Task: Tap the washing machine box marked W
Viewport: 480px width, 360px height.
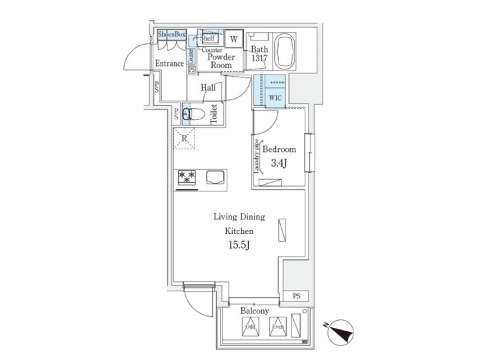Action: tap(233, 39)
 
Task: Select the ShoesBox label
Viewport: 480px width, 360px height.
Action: tap(171, 34)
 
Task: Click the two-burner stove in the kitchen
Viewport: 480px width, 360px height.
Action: tap(187, 177)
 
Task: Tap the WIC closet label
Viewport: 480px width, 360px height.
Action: tap(275, 97)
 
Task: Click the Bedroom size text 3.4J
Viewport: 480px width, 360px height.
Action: tap(278, 163)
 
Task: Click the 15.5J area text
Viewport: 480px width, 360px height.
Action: tap(239, 246)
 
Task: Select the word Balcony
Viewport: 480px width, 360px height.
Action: tap(255, 311)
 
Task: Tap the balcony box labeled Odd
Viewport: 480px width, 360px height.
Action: tap(250, 327)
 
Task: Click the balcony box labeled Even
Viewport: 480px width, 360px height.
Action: tap(277, 327)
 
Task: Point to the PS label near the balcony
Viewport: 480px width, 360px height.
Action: tap(296, 295)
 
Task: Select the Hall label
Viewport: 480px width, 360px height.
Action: tap(207, 87)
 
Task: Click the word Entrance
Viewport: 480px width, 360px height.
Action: tap(169, 63)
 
